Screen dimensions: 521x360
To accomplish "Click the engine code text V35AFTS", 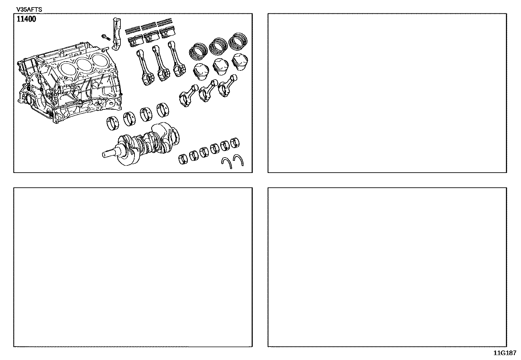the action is tap(29, 9).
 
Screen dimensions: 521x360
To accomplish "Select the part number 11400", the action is tap(27, 19).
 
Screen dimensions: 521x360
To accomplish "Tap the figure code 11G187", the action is tap(505, 353).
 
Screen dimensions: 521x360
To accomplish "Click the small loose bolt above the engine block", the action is tap(106, 37).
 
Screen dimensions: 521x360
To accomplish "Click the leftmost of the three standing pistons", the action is tap(201, 70).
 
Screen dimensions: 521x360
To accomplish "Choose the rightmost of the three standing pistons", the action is tap(240, 62).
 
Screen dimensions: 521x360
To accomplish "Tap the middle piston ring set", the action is tap(218, 46).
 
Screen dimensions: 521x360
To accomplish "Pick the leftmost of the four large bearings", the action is tap(113, 123).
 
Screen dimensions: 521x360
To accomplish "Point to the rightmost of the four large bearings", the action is tap(163, 110).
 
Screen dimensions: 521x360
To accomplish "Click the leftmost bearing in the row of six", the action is tap(183, 159).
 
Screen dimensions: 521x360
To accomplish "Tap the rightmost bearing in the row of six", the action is tap(235, 142).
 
